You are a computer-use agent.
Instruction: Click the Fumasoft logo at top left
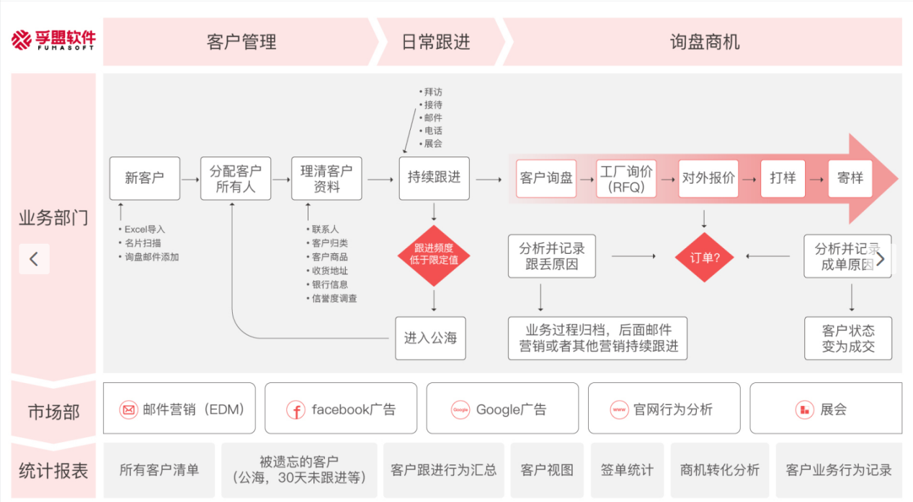click(53, 40)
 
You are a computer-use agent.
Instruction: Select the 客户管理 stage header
click(241, 42)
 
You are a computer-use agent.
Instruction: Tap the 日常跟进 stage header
click(435, 42)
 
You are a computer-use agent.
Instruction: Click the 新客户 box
click(144, 178)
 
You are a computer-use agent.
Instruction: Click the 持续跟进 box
click(434, 178)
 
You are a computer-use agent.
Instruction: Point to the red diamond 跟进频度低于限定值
click(434, 255)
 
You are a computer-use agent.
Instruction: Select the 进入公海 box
click(430, 338)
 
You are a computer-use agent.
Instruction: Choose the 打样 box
click(782, 178)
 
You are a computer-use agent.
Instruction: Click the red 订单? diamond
click(704, 257)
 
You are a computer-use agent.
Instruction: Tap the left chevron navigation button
click(34, 258)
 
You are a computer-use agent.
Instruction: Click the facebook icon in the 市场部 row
click(295, 410)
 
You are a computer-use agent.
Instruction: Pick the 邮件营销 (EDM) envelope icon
click(128, 410)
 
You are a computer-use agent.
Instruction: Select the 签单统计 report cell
click(626, 470)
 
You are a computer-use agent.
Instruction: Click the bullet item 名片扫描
click(143, 243)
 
